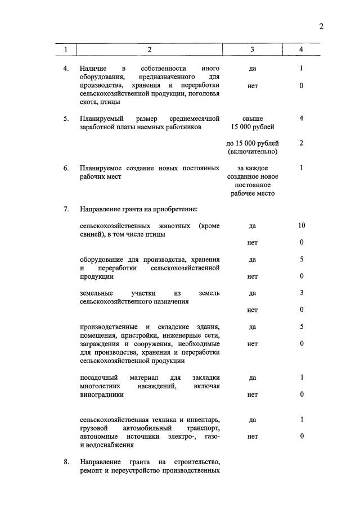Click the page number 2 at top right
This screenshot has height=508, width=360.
[x=321, y=26]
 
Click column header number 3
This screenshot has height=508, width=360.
[x=252, y=49]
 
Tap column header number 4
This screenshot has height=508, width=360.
[x=301, y=49]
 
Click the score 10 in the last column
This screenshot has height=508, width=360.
[x=301, y=225]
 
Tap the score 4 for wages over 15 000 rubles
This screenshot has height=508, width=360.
[x=301, y=119]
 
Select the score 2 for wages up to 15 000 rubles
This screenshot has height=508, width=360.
[x=301, y=143]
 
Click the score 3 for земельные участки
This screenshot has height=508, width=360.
[x=301, y=293]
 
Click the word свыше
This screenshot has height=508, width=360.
[x=252, y=119]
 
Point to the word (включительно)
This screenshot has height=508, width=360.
[x=252, y=152]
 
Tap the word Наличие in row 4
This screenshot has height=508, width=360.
[x=94, y=69]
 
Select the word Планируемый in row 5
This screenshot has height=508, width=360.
[x=102, y=119]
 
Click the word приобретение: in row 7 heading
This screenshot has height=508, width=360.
[x=172, y=210]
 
